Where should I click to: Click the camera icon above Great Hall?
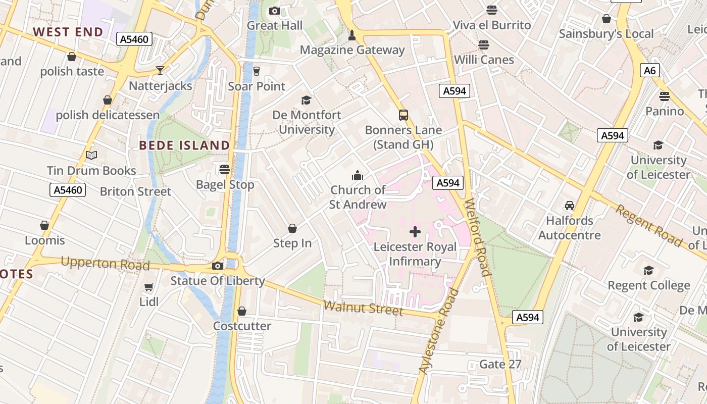click(x=275, y=11)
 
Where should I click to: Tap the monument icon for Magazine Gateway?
click(x=352, y=35)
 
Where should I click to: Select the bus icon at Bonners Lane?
click(x=403, y=115)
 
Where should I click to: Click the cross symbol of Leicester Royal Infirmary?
click(x=415, y=232)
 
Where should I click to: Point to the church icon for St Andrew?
click(x=358, y=175)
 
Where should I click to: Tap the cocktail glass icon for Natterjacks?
click(x=160, y=70)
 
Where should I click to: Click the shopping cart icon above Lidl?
click(x=148, y=287)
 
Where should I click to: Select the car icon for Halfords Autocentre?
click(x=570, y=206)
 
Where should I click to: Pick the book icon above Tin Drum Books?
click(x=91, y=155)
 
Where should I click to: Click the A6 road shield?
click(x=649, y=70)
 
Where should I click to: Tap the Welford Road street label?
click(x=478, y=237)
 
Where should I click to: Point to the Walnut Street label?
click(x=363, y=307)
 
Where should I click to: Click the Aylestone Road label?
click(x=439, y=331)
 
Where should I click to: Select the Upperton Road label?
click(x=105, y=264)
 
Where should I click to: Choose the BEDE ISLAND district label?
click(x=184, y=145)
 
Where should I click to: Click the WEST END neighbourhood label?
click(x=68, y=32)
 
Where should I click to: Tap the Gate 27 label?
click(x=500, y=364)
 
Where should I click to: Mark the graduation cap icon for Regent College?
click(x=648, y=270)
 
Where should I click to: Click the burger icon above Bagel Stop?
click(x=225, y=169)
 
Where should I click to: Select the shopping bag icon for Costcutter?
click(x=242, y=311)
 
